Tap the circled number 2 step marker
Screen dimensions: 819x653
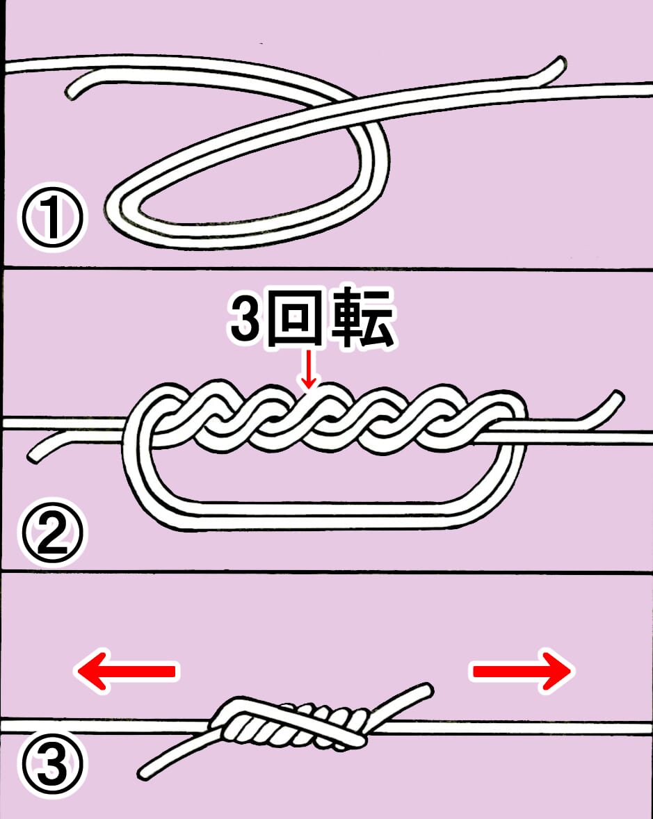52,533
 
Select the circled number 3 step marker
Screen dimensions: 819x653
52,766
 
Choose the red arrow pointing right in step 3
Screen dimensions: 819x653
523,671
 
